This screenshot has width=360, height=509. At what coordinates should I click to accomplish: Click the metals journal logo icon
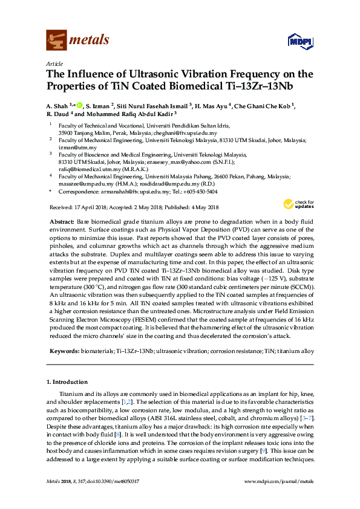[x=56, y=40]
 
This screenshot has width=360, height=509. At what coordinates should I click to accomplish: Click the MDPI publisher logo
[x=301, y=41]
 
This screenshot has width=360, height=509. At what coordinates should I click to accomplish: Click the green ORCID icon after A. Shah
[x=79, y=105]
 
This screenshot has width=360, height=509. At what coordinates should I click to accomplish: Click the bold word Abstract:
[x=62, y=223]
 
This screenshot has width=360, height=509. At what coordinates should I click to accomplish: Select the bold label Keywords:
[x=64, y=351]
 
